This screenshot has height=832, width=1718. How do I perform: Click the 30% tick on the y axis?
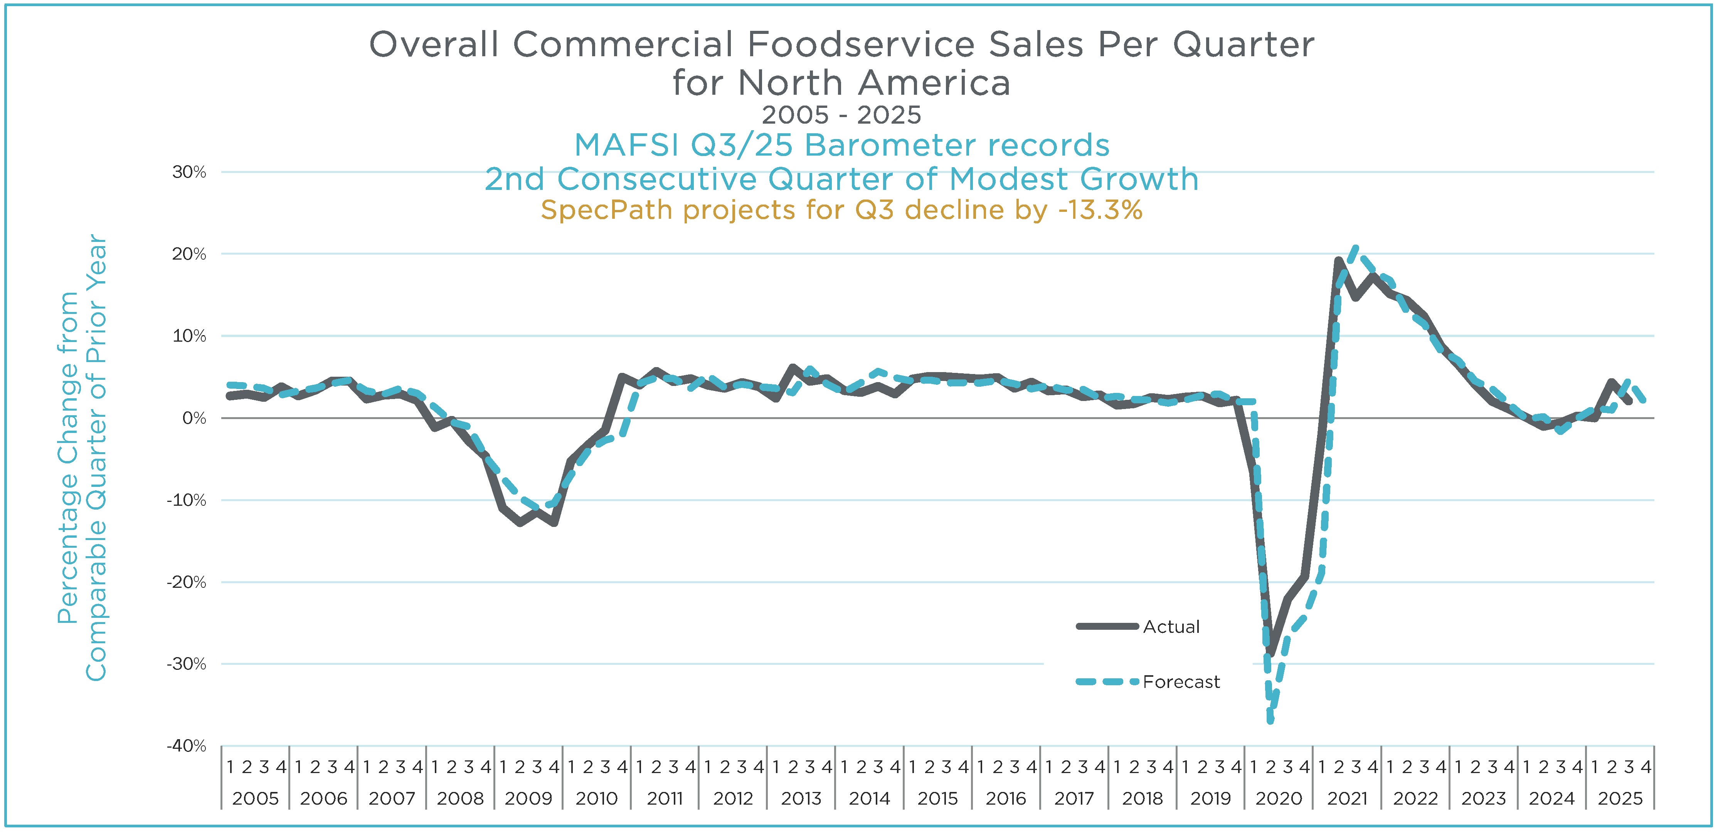tap(189, 172)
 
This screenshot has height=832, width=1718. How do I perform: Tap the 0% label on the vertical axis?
tap(194, 418)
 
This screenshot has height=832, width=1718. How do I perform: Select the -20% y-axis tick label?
tap(186, 582)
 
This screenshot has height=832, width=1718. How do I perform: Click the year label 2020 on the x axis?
tap(1279, 798)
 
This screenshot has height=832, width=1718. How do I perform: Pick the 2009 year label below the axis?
tap(528, 798)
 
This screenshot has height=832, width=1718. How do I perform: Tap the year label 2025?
tap(1620, 798)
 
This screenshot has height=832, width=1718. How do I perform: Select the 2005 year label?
tap(256, 798)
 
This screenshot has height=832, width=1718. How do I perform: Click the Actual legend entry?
tap(1171, 627)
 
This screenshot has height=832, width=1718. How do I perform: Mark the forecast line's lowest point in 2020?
tap(1270, 720)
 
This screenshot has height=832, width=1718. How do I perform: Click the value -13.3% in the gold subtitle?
tap(1100, 210)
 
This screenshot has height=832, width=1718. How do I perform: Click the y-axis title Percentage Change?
tap(68, 457)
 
